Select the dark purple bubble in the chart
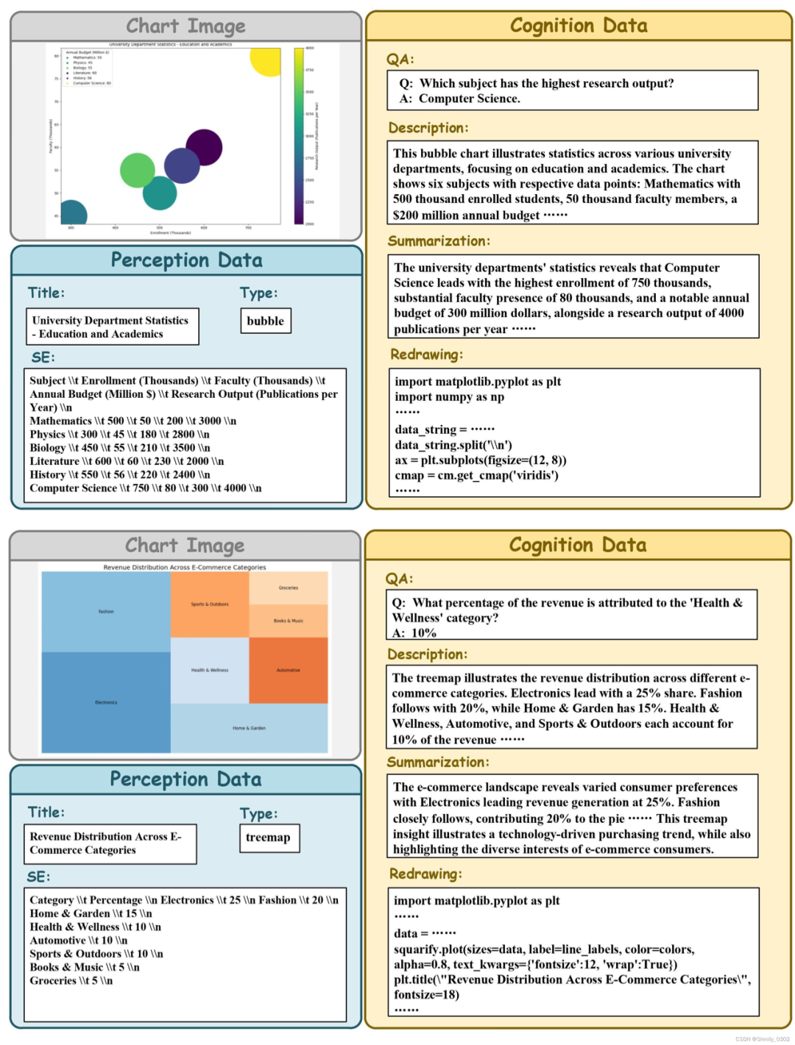204,147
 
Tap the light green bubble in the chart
138,171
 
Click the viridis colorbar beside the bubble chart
299,135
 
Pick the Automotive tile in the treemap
288,670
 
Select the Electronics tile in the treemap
106,702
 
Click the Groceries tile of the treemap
289,588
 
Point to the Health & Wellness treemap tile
210,670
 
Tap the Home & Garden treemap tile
249,728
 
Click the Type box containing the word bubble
266,321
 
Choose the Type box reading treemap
269,838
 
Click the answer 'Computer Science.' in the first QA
470,99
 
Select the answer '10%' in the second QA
423,632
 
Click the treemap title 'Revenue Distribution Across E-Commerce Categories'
185,567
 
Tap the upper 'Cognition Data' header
579,26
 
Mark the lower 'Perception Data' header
185,780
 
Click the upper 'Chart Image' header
185,26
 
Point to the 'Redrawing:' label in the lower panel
425,874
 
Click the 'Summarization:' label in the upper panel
439,241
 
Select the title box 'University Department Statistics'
113,327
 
